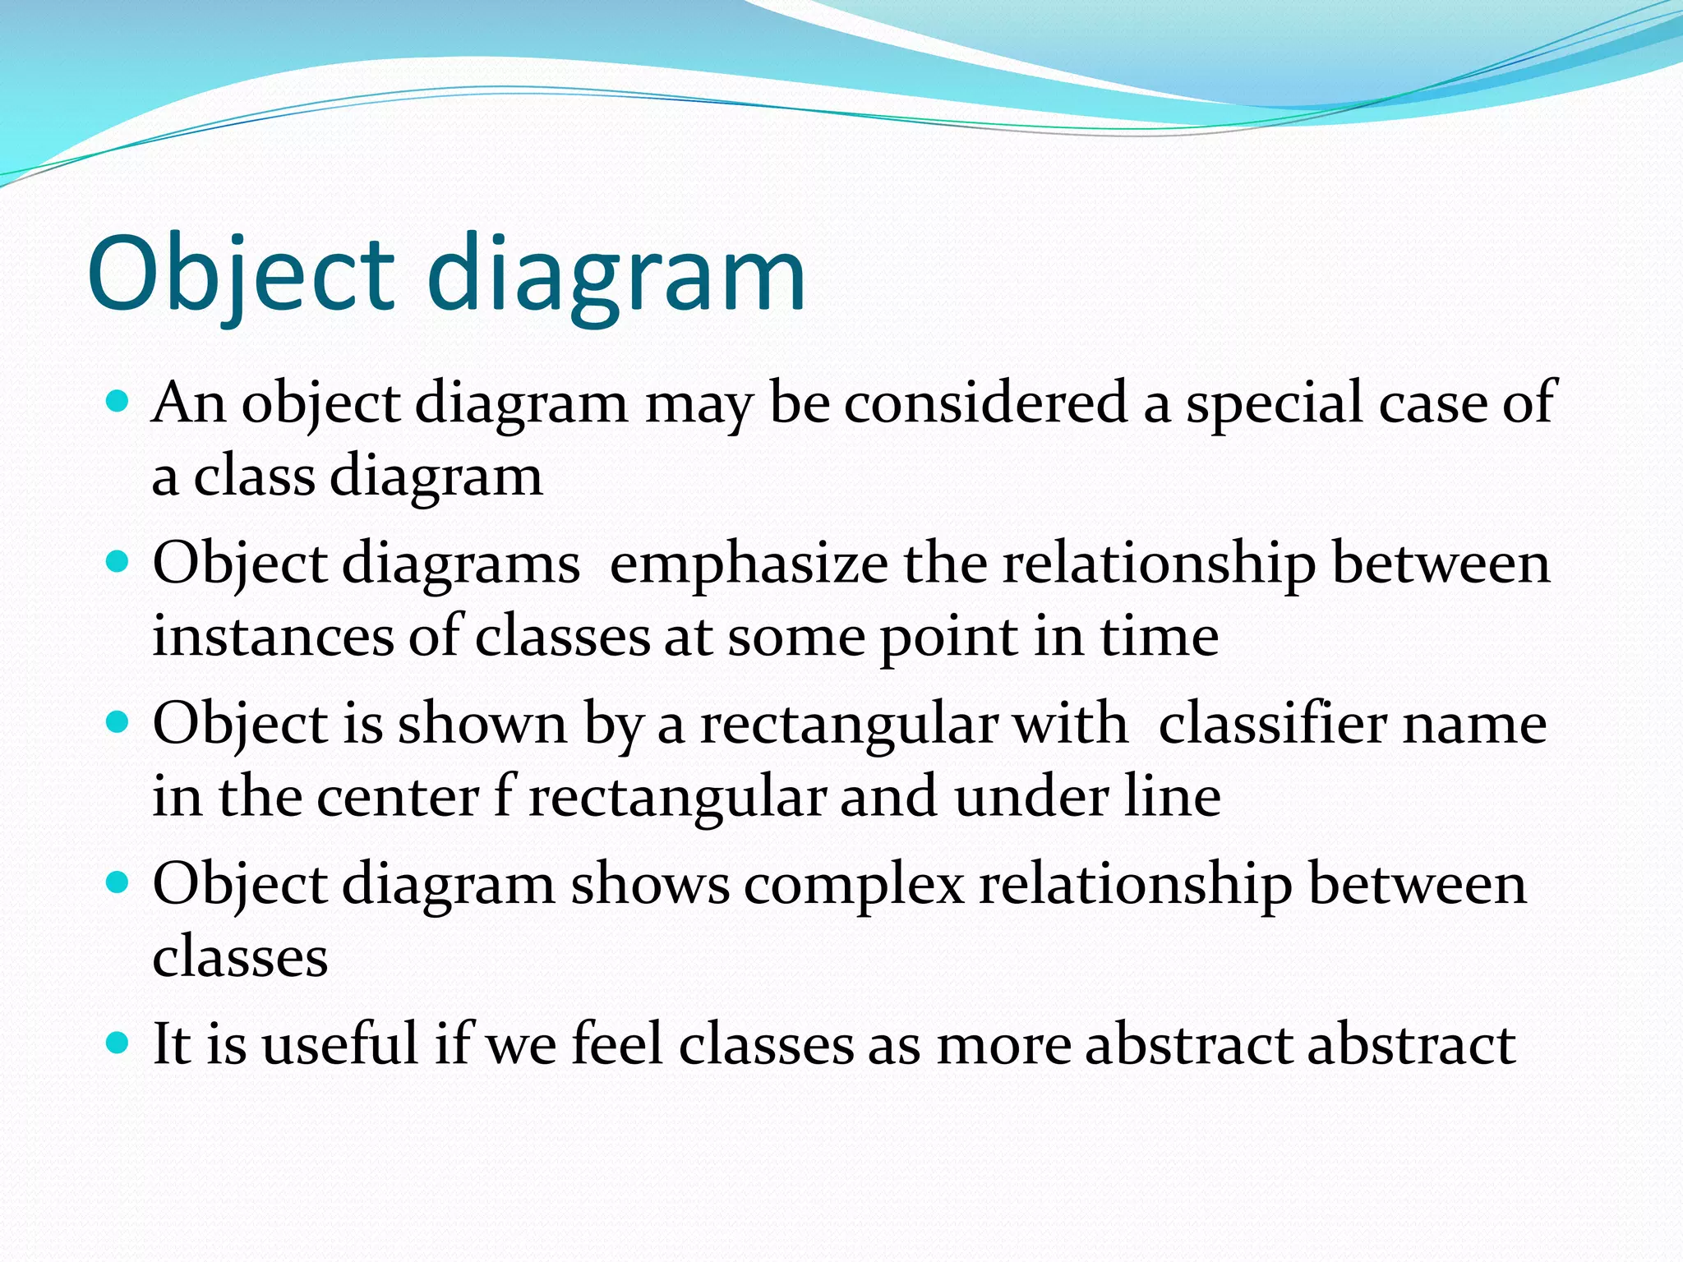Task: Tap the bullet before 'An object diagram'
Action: (x=118, y=402)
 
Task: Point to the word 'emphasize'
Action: (x=748, y=566)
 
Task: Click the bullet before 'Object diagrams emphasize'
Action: (x=118, y=562)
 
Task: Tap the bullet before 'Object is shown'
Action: (x=118, y=722)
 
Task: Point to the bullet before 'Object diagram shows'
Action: (x=118, y=883)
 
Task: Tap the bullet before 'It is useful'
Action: (x=118, y=1043)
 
